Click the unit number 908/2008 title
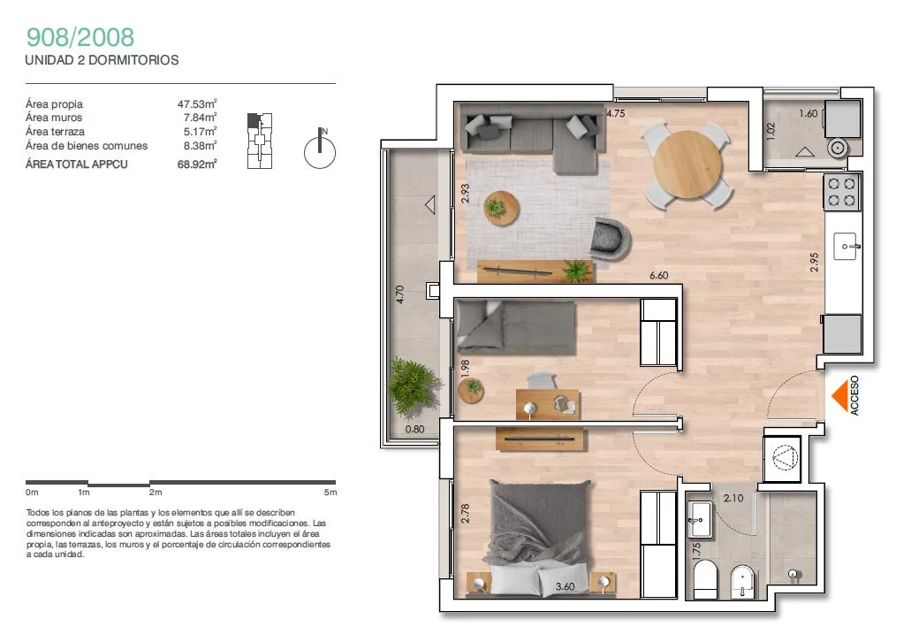point(80,37)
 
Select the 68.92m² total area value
point(197,164)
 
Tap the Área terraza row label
point(55,132)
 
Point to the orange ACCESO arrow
point(839,396)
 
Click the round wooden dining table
point(687,165)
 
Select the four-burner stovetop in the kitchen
point(842,193)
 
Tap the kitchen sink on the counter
point(846,247)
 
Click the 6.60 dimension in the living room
point(659,275)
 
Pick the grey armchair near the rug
point(610,238)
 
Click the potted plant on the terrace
point(412,386)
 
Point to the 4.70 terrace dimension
point(399,294)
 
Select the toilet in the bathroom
point(705,579)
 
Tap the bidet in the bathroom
point(742,581)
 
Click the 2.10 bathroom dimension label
point(733,498)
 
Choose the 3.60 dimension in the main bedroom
point(565,587)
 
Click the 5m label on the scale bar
point(330,492)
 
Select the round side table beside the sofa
point(501,208)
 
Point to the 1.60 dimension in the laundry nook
point(809,113)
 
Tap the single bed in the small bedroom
point(516,327)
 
